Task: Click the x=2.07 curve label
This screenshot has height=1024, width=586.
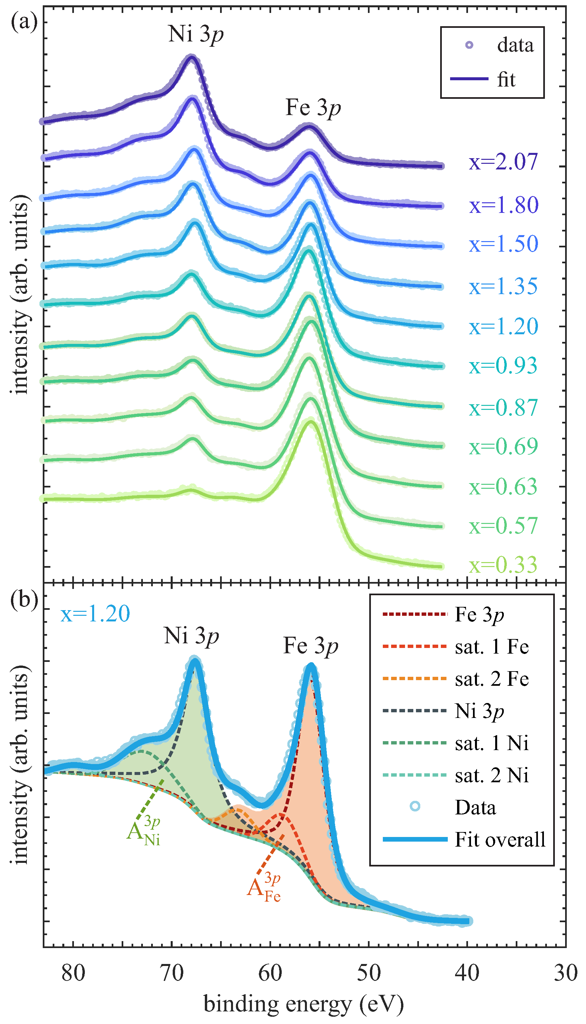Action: click(x=503, y=162)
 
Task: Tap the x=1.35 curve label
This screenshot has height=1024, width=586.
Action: click(x=503, y=286)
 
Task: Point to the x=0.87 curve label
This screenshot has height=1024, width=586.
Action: click(x=503, y=408)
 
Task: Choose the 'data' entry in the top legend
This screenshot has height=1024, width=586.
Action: click(x=515, y=45)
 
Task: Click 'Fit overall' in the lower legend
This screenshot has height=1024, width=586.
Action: click(x=500, y=840)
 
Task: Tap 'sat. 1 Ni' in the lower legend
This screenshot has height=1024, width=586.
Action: click(x=492, y=743)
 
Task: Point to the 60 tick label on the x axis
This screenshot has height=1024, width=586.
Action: click(x=270, y=974)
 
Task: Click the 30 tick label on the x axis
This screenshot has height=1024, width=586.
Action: click(x=565, y=974)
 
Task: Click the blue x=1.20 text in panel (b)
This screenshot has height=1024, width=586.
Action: click(x=95, y=614)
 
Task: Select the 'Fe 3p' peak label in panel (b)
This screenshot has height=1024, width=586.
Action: click(x=310, y=646)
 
